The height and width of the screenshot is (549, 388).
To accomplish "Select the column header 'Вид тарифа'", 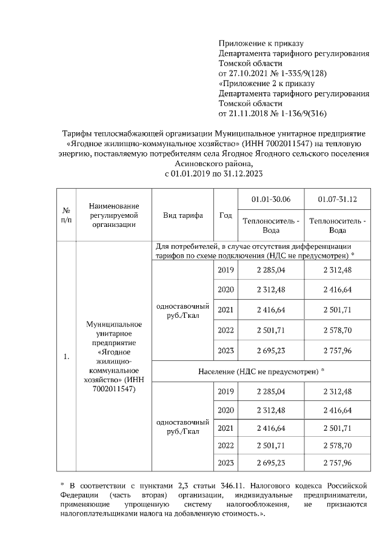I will [182, 215].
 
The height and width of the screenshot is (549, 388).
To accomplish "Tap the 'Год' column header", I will [226, 215].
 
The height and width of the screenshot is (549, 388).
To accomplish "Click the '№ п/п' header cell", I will [66, 215].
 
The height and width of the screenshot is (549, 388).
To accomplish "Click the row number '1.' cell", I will [66, 357].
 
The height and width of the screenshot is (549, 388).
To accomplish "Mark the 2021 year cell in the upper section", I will [225, 309].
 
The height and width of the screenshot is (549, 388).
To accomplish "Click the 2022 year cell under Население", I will [225, 445].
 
